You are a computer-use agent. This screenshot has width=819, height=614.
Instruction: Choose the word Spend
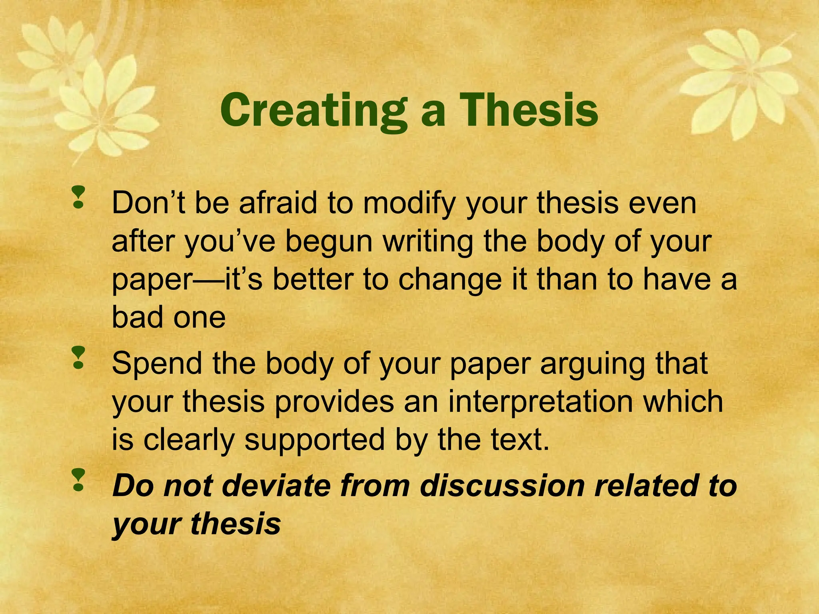coord(157,364)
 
